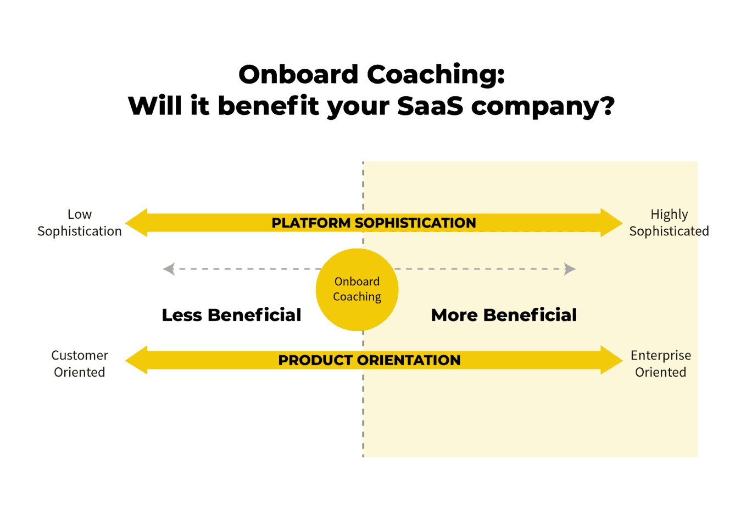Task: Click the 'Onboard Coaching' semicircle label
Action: click(357, 289)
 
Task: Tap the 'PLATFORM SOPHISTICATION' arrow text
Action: click(374, 223)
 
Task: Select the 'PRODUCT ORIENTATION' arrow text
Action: click(369, 361)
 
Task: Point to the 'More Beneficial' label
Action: click(504, 315)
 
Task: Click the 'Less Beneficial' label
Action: click(231, 315)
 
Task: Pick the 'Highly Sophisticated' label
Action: click(668, 223)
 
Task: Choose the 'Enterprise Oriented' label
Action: click(661, 364)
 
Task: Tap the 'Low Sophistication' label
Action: click(80, 223)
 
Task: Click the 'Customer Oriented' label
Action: click(80, 364)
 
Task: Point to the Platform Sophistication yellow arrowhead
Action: click(137, 223)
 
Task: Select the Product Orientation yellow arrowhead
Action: click(137, 360)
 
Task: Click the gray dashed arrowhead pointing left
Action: click(169, 269)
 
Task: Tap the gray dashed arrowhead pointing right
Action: click(570, 269)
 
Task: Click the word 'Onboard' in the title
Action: click(298, 75)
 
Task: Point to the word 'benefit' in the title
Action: click(269, 106)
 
